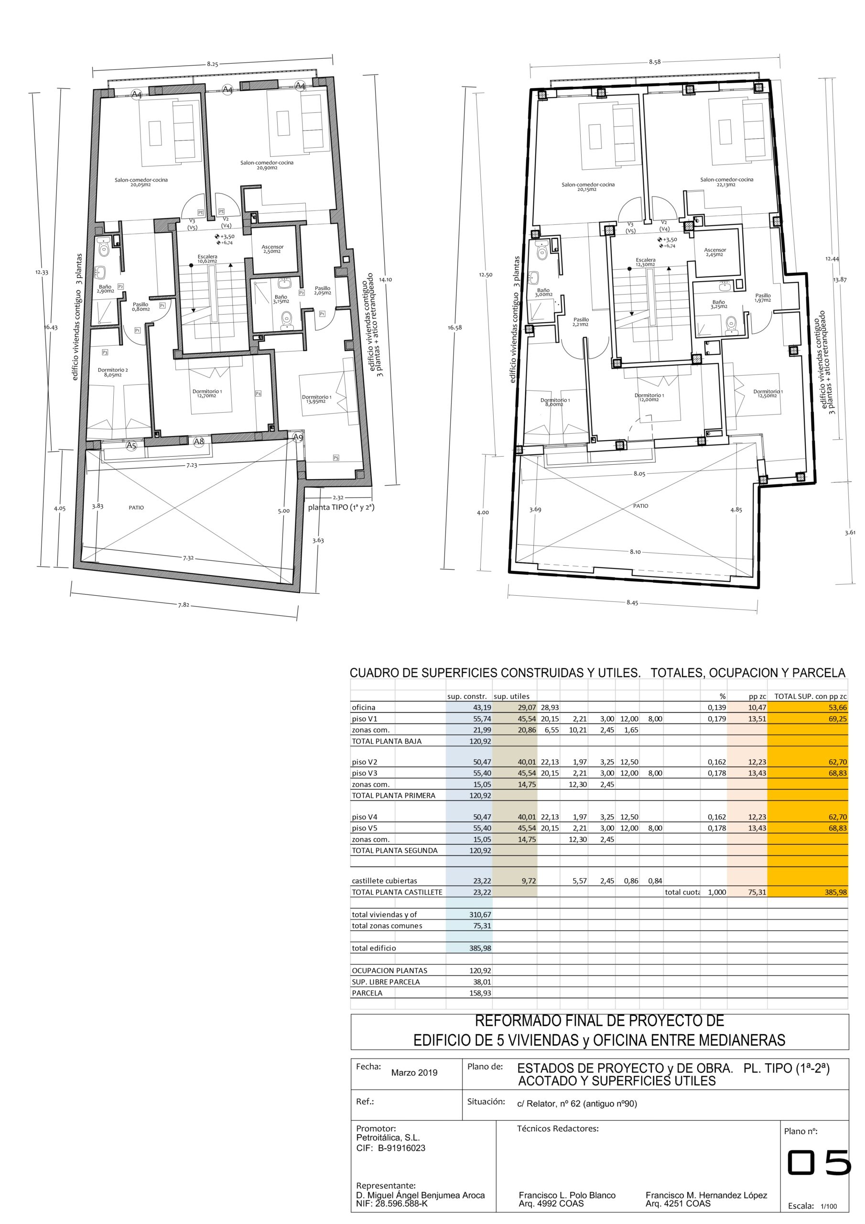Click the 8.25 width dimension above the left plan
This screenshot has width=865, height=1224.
pyautogui.click(x=213, y=64)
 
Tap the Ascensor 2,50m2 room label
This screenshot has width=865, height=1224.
pyautogui.click(x=272, y=249)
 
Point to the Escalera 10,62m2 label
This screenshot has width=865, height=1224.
pyautogui.click(x=207, y=259)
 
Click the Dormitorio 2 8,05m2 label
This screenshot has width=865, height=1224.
pyautogui.click(x=112, y=372)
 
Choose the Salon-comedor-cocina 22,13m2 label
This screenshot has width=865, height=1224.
pyautogui.click(x=726, y=182)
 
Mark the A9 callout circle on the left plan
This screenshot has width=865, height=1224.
pyautogui.click(x=298, y=437)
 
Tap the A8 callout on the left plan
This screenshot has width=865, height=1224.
pyautogui.click(x=199, y=441)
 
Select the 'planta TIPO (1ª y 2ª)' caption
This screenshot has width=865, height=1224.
pyautogui.click(x=341, y=507)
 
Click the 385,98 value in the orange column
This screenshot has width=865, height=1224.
pyautogui.click(x=835, y=892)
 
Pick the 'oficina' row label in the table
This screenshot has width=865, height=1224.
pyautogui.click(x=364, y=708)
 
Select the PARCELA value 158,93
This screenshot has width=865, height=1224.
pyautogui.click(x=480, y=993)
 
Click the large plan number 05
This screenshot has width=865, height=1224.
pyautogui.click(x=819, y=1162)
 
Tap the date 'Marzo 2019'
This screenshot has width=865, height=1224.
pyautogui.click(x=414, y=1072)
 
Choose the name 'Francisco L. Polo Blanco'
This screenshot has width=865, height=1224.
pyautogui.click(x=567, y=1195)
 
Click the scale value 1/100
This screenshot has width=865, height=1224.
pyautogui.click(x=829, y=1206)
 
